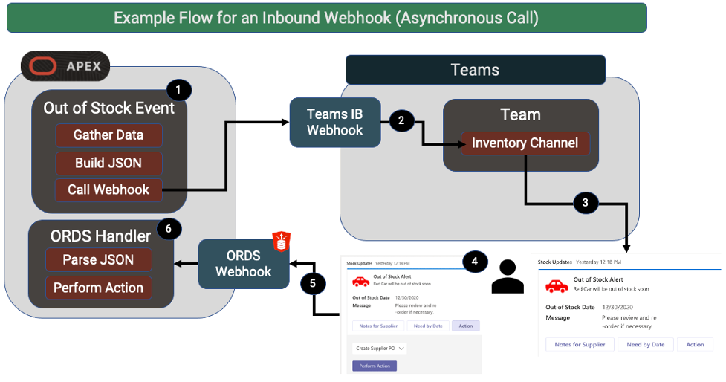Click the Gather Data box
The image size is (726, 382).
[108, 135]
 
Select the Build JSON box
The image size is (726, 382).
[108, 163]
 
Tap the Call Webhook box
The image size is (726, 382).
[108, 190]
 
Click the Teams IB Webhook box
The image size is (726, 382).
[335, 122]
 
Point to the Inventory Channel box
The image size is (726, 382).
[525, 143]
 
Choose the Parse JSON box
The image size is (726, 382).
[98, 260]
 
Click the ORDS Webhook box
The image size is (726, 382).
[244, 263]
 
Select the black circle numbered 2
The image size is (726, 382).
[401, 120]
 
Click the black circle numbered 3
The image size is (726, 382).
[585, 203]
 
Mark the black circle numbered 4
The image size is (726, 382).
[475, 262]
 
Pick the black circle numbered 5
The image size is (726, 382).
[313, 284]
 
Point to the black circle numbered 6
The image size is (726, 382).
[169, 229]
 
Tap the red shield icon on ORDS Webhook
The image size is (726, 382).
[281, 241]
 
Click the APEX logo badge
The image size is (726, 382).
[65, 67]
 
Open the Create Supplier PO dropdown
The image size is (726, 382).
[380, 348]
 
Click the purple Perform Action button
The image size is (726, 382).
[375, 366]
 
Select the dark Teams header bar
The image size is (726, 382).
[475, 71]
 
